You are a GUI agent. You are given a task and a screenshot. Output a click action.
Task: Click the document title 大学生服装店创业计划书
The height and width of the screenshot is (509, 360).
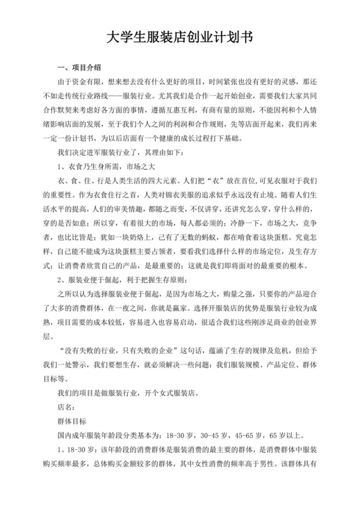pyautogui.click(x=179, y=38)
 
